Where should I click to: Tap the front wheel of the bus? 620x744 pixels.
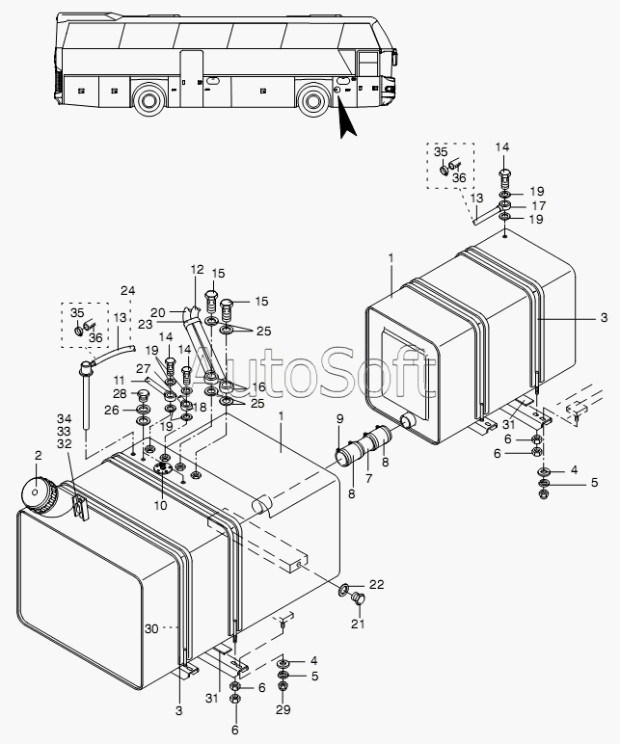pyautogui.click(x=312, y=99)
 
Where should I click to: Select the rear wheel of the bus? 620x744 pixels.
pyautogui.click(x=149, y=100)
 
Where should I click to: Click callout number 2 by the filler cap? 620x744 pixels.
pyautogui.click(x=39, y=456)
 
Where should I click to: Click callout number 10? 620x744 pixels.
pyautogui.click(x=160, y=505)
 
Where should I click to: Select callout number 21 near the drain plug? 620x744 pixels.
pyautogui.click(x=358, y=623)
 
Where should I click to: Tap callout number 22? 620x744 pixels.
pyautogui.click(x=376, y=584)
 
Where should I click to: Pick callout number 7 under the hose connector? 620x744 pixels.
pyautogui.click(x=369, y=478)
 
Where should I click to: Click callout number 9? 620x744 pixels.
pyautogui.click(x=339, y=419)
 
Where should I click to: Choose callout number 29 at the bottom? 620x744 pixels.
pyautogui.click(x=283, y=709)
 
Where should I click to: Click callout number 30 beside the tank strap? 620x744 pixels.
pyautogui.click(x=151, y=628)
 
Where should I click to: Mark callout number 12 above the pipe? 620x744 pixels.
pyautogui.click(x=197, y=270)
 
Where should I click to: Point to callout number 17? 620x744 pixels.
pyautogui.click(x=539, y=205)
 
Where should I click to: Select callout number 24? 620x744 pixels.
pyautogui.click(x=127, y=290)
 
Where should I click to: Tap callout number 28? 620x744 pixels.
pyautogui.click(x=120, y=393)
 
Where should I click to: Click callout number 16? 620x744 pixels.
pyautogui.click(x=258, y=387)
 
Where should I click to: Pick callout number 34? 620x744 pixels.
pyautogui.click(x=64, y=418)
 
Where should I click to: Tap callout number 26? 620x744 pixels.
pyautogui.click(x=112, y=410)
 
